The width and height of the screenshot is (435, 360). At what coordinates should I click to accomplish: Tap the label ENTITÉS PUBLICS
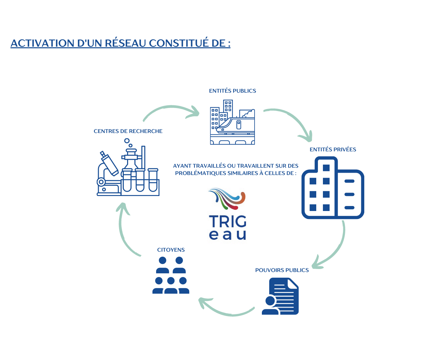pos(233,91)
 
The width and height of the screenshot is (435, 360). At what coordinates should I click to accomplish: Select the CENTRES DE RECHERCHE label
pos(128,131)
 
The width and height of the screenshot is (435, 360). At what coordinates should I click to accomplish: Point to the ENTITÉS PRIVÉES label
pos(333,150)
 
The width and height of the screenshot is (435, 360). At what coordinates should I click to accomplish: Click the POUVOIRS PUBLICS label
pos(282,270)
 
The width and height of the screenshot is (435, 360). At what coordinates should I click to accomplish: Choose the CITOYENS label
pos(171,250)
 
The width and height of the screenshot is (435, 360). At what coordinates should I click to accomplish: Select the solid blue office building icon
pos(333,188)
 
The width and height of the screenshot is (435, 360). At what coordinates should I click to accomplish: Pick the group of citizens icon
pos(171,275)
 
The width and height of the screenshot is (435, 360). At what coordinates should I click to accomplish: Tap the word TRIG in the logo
pos(228,221)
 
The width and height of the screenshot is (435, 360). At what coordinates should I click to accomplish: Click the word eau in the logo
pos(228,235)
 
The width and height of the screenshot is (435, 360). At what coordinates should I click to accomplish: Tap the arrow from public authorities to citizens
pos(227,312)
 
